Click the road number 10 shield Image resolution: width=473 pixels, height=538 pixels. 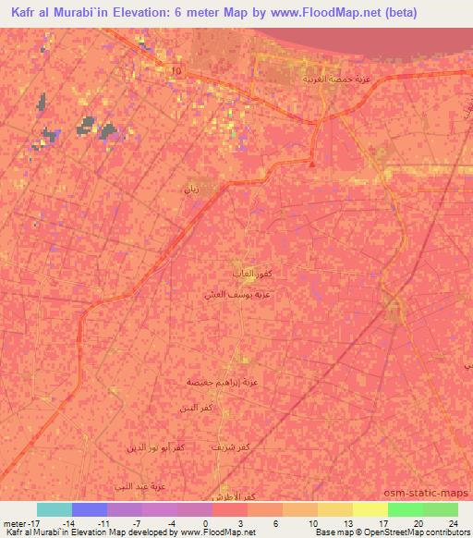177,70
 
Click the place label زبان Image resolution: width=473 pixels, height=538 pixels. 192,189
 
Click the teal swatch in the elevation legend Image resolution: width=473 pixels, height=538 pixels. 54,509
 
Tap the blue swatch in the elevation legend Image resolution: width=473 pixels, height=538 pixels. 89,509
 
